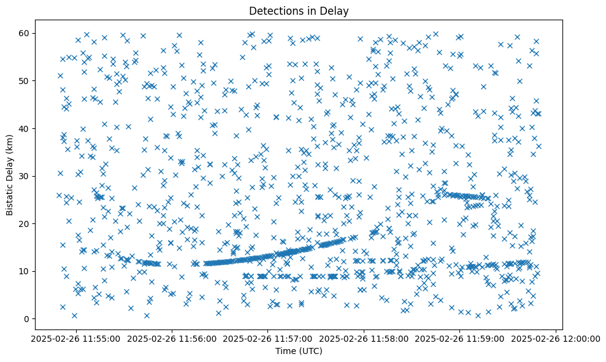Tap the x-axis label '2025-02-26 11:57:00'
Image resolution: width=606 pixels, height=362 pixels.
[x=267, y=338]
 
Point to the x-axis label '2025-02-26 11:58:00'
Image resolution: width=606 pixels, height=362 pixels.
[x=364, y=338]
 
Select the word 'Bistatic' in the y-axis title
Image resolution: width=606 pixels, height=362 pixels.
[x=10, y=197]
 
